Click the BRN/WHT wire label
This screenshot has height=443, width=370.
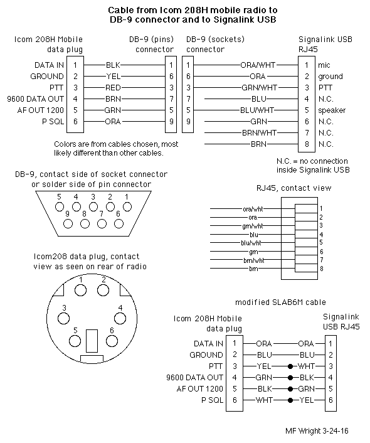pos(259,133)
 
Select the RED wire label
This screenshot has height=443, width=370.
pos(113,88)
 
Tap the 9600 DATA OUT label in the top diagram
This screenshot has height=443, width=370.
pos(35,99)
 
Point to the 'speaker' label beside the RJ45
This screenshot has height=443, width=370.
pos(332,110)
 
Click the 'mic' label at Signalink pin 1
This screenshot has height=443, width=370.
pos(324,65)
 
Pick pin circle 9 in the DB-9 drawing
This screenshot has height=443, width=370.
pos(68,224)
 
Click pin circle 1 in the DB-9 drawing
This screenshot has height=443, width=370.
pos(127,207)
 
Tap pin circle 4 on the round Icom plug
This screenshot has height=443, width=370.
pos(120,318)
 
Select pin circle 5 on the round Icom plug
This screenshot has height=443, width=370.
pos(75,341)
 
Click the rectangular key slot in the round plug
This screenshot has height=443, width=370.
pos(92,341)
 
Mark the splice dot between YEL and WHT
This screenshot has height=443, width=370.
pos(290,366)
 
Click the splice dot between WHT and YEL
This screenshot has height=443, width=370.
pos(290,400)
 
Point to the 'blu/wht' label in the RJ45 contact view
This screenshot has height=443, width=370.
pos(251,243)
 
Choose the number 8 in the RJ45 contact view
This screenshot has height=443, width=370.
pos(322,269)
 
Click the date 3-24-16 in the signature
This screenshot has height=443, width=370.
pos(336,431)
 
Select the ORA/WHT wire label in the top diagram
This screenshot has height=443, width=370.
pos(258,65)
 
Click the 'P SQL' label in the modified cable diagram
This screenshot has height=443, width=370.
pos(212,400)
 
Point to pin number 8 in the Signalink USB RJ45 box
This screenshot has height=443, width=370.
pos(307,144)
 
